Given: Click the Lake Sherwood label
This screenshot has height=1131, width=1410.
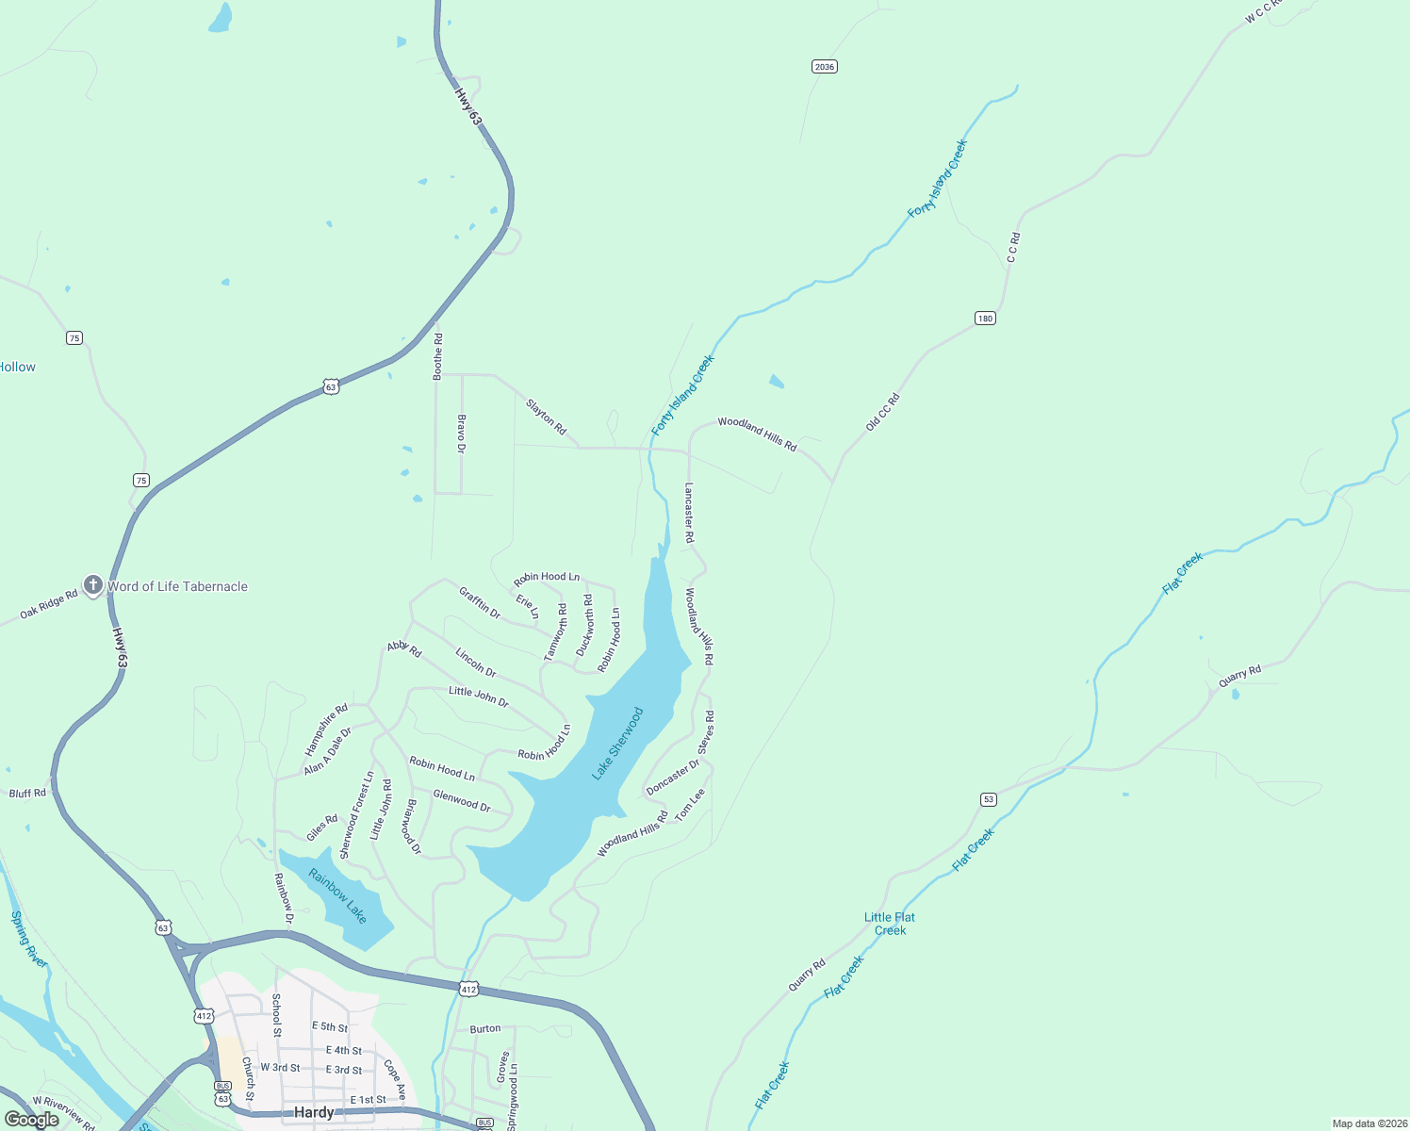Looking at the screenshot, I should pyautogui.click(x=617, y=744).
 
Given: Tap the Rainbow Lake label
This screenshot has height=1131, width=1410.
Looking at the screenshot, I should pyautogui.click(x=337, y=895).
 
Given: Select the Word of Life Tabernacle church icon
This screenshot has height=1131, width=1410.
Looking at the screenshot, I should pyautogui.click(x=92, y=585).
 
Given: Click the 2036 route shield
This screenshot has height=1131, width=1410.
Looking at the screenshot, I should pyautogui.click(x=825, y=67).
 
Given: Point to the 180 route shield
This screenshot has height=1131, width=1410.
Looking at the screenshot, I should pyautogui.click(x=985, y=319).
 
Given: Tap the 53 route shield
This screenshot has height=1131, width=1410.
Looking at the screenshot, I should pyautogui.click(x=988, y=799).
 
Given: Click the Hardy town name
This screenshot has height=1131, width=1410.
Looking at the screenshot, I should pyautogui.click(x=314, y=1112).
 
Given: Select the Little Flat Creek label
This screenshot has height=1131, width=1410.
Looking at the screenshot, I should pyautogui.click(x=890, y=924).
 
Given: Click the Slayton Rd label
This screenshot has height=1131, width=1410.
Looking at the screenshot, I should pyautogui.click(x=547, y=417).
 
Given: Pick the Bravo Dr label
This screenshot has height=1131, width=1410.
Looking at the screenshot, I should pyautogui.click(x=462, y=434).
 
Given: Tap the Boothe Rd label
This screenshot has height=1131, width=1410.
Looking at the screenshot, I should pyautogui.click(x=438, y=356).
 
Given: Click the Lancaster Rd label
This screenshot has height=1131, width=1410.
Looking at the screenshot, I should pyautogui.click(x=689, y=513).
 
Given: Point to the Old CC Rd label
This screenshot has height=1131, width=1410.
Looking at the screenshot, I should pyautogui.click(x=883, y=413).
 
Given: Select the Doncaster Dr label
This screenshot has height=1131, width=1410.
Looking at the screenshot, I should pyautogui.click(x=673, y=777).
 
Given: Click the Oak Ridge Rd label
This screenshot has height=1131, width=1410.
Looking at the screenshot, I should pyautogui.click(x=49, y=605).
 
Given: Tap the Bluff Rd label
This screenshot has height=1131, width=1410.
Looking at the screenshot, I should pyautogui.click(x=27, y=794).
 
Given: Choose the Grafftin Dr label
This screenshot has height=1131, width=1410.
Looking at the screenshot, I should pyautogui.click(x=480, y=602).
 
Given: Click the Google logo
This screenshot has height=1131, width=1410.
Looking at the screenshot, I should pyautogui.click(x=32, y=1120).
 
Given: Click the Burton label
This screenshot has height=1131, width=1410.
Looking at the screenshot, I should pyautogui.click(x=485, y=1029).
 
